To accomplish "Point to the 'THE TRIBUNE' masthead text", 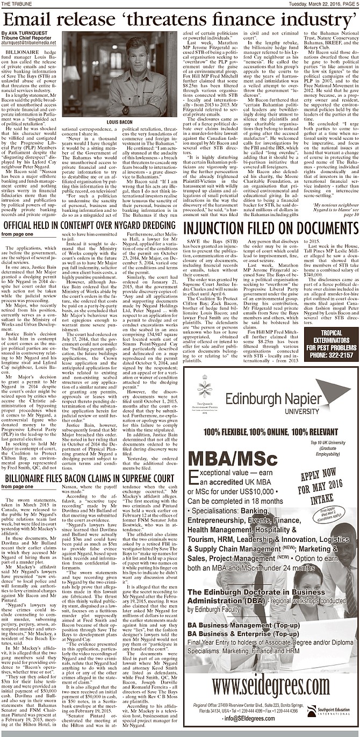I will coord(16,4).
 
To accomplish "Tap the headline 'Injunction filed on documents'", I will coord(271,226).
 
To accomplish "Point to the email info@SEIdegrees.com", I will coord(243,718).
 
